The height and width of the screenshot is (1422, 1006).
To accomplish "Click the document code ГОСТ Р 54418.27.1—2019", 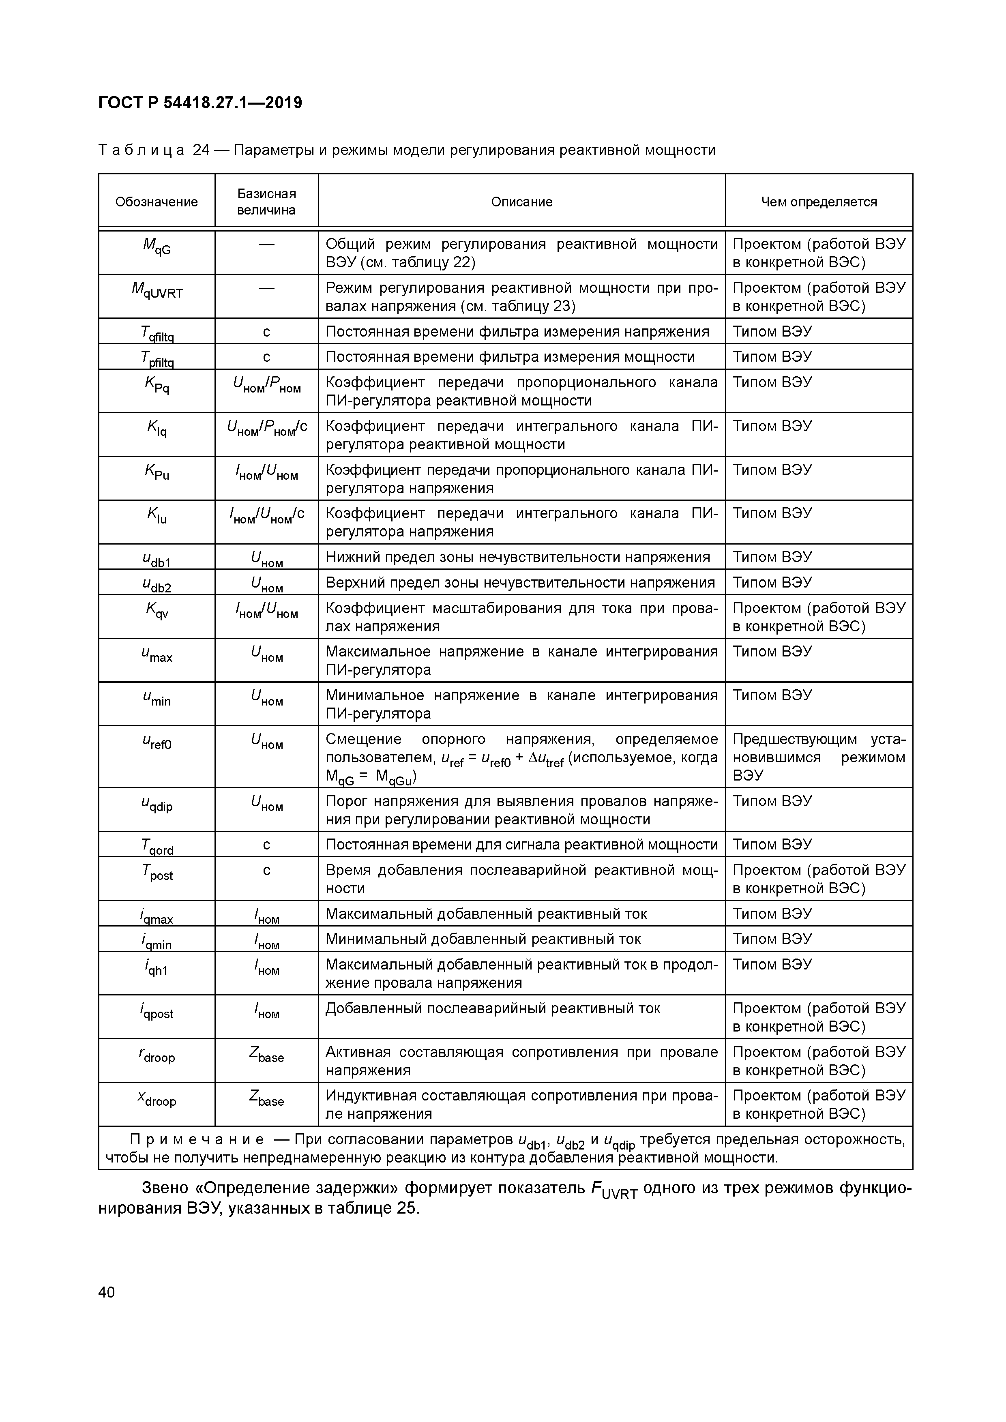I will coord(200,103).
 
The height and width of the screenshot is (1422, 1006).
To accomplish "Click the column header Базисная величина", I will coord(266,202).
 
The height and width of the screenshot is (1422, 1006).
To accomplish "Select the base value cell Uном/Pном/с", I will coord(267,428).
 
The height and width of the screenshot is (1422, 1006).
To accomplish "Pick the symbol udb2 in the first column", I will coord(157,585).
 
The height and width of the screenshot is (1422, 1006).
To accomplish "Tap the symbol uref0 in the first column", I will coord(157,742).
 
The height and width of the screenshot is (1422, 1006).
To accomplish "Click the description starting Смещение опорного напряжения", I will coord(521,757).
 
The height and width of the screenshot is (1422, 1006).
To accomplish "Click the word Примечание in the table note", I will coord(197,1139).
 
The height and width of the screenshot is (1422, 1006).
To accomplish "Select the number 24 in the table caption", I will coord(202,150).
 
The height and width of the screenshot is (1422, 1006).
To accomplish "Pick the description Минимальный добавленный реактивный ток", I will coord(483,939).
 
